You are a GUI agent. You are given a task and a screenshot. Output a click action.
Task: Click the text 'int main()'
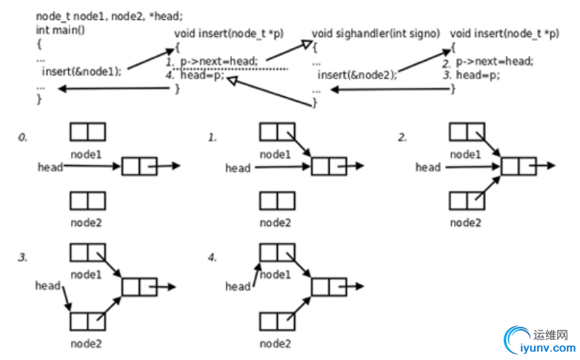point(59,30)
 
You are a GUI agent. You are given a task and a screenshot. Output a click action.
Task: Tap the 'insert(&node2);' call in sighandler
point(357,75)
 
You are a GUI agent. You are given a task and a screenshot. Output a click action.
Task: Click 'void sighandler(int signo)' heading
point(376,33)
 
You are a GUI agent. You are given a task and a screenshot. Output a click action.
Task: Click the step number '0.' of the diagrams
point(24,137)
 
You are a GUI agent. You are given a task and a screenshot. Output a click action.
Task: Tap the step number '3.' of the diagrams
point(24,257)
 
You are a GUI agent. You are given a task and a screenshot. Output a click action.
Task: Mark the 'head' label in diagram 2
point(427,167)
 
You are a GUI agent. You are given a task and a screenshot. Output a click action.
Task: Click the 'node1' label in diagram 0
point(87,154)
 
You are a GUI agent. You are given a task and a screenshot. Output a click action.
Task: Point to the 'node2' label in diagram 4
point(276,343)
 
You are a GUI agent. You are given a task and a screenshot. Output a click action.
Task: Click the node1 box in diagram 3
point(87,253)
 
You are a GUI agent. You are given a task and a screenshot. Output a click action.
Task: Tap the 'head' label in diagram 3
point(47,286)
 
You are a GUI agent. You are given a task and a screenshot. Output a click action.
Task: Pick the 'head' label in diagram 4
point(237,286)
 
